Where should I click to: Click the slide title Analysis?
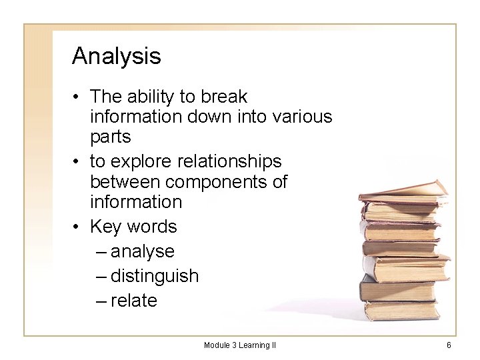pyautogui.click(x=117, y=56)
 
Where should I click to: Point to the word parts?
pyautogui.click(x=111, y=137)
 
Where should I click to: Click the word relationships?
pyautogui.click(x=231, y=161)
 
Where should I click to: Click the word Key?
pyautogui.click(x=105, y=227)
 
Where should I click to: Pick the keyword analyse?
pyautogui.click(x=143, y=252)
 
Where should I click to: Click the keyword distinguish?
pyautogui.click(x=155, y=276)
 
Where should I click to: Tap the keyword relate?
pyautogui.click(x=134, y=301)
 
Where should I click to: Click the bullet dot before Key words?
pyautogui.click(x=77, y=227)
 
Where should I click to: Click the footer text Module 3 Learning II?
pyautogui.click(x=240, y=345)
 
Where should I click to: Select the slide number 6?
pyautogui.click(x=449, y=345)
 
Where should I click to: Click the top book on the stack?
pyautogui.click(x=404, y=190)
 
